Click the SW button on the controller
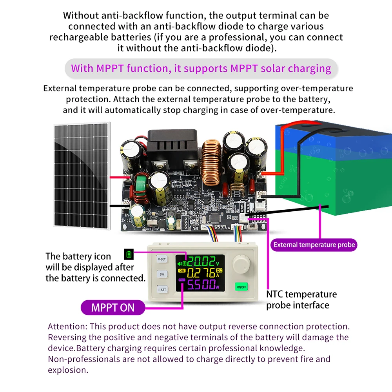[x=162, y=274]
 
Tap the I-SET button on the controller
[x=162, y=290]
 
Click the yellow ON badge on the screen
[x=182, y=270]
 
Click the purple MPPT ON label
[x=113, y=308]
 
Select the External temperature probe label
[x=314, y=245]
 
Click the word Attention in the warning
[x=67, y=327]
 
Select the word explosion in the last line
[x=67, y=370]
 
